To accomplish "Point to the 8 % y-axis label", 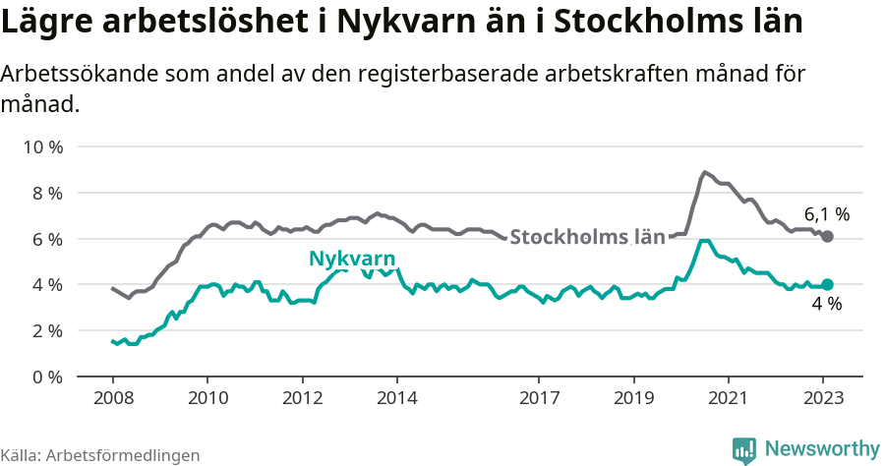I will (x=45, y=194).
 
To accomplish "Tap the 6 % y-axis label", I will (x=45, y=239).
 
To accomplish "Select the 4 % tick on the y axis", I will (x=45, y=285).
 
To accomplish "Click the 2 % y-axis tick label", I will (x=45, y=330).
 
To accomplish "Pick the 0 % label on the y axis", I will (x=45, y=377).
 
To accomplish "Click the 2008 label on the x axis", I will (x=112, y=399).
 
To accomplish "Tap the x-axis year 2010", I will (x=206, y=399).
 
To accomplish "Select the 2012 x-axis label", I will (x=302, y=399).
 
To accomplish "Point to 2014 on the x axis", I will (x=396, y=399).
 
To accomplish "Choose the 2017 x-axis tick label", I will (x=539, y=399).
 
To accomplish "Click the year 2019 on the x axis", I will (x=633, y=399).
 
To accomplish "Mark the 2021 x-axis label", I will (x=729, y=399).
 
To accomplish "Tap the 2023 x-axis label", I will (x=823, y=399).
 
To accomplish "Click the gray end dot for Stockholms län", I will (x=827, y=237).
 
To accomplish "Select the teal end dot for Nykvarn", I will (x=827, y=284).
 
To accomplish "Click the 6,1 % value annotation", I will (x=826, y=213).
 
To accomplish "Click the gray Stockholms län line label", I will (x=587, y=237).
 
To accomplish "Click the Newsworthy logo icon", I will (x=744, y=449).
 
